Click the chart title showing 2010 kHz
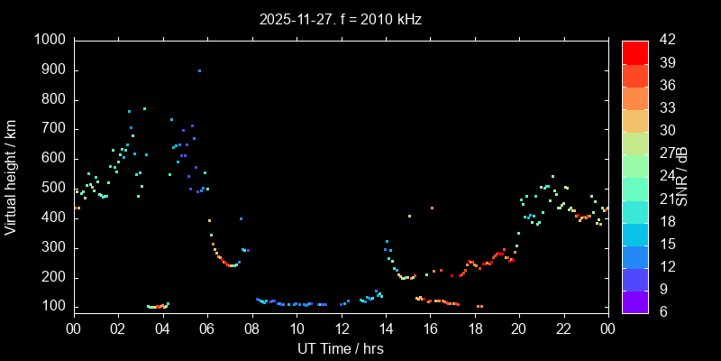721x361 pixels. click(341, 18)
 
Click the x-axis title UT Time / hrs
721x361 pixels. click(341, 348)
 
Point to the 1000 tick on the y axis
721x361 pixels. click(50, 41)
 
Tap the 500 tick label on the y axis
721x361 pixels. click(53, 189)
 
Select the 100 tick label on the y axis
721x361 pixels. click(53, 307)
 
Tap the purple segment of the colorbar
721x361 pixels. click(634, 302)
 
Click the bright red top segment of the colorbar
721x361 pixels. click(634, 52)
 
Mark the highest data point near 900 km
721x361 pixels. click(199, 70)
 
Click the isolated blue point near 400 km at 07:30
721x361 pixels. click(241, 218)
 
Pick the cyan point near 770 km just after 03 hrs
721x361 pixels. click(144, 108)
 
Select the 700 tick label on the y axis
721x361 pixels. click(53, 129)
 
